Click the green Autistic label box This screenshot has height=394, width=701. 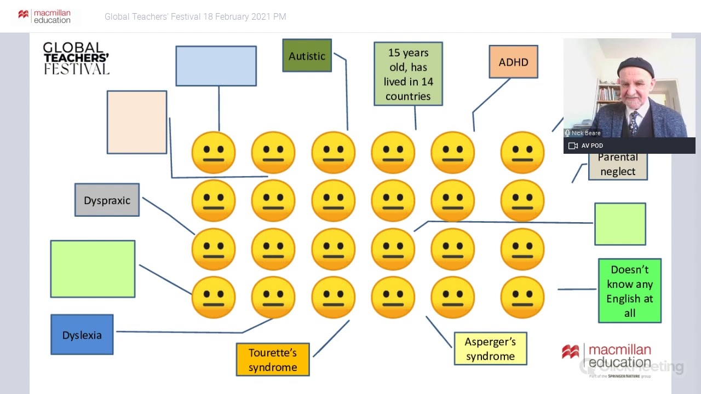(307, 55)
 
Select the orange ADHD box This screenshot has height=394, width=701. (513, 62)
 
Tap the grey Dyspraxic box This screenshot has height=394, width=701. (107, 200)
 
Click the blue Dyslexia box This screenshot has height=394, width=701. (82, 335)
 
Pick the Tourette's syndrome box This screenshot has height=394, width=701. (273, 360)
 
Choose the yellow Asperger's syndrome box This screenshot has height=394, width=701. (490, 349)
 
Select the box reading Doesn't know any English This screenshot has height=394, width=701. (630, 291)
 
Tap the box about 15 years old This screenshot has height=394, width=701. (408, 74)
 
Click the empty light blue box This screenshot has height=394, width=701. (216, 66)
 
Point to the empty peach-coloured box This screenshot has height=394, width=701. (137, 122)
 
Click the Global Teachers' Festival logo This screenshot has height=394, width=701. (76, 58)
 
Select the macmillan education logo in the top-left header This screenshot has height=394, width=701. (45, 16)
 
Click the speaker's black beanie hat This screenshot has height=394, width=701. (635, 66)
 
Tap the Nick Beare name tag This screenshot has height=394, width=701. (585, 133)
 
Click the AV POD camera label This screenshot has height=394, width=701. (591, 146)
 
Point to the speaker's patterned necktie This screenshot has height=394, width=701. (634, 123)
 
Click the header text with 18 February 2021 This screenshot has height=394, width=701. (195, 17)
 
